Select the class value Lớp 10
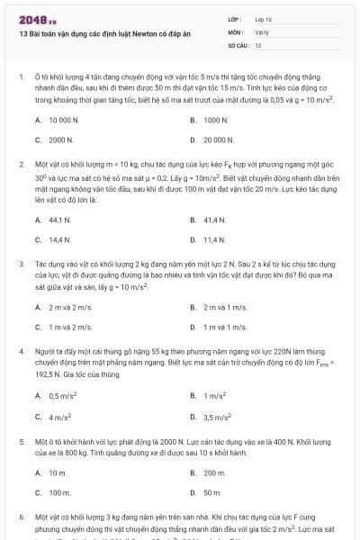point(263,18)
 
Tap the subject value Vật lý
point(262,31)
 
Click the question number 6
point(21,518)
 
